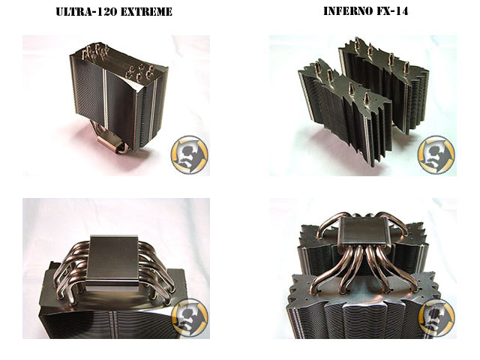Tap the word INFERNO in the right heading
click(352, 12)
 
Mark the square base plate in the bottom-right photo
click(362, 242)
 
